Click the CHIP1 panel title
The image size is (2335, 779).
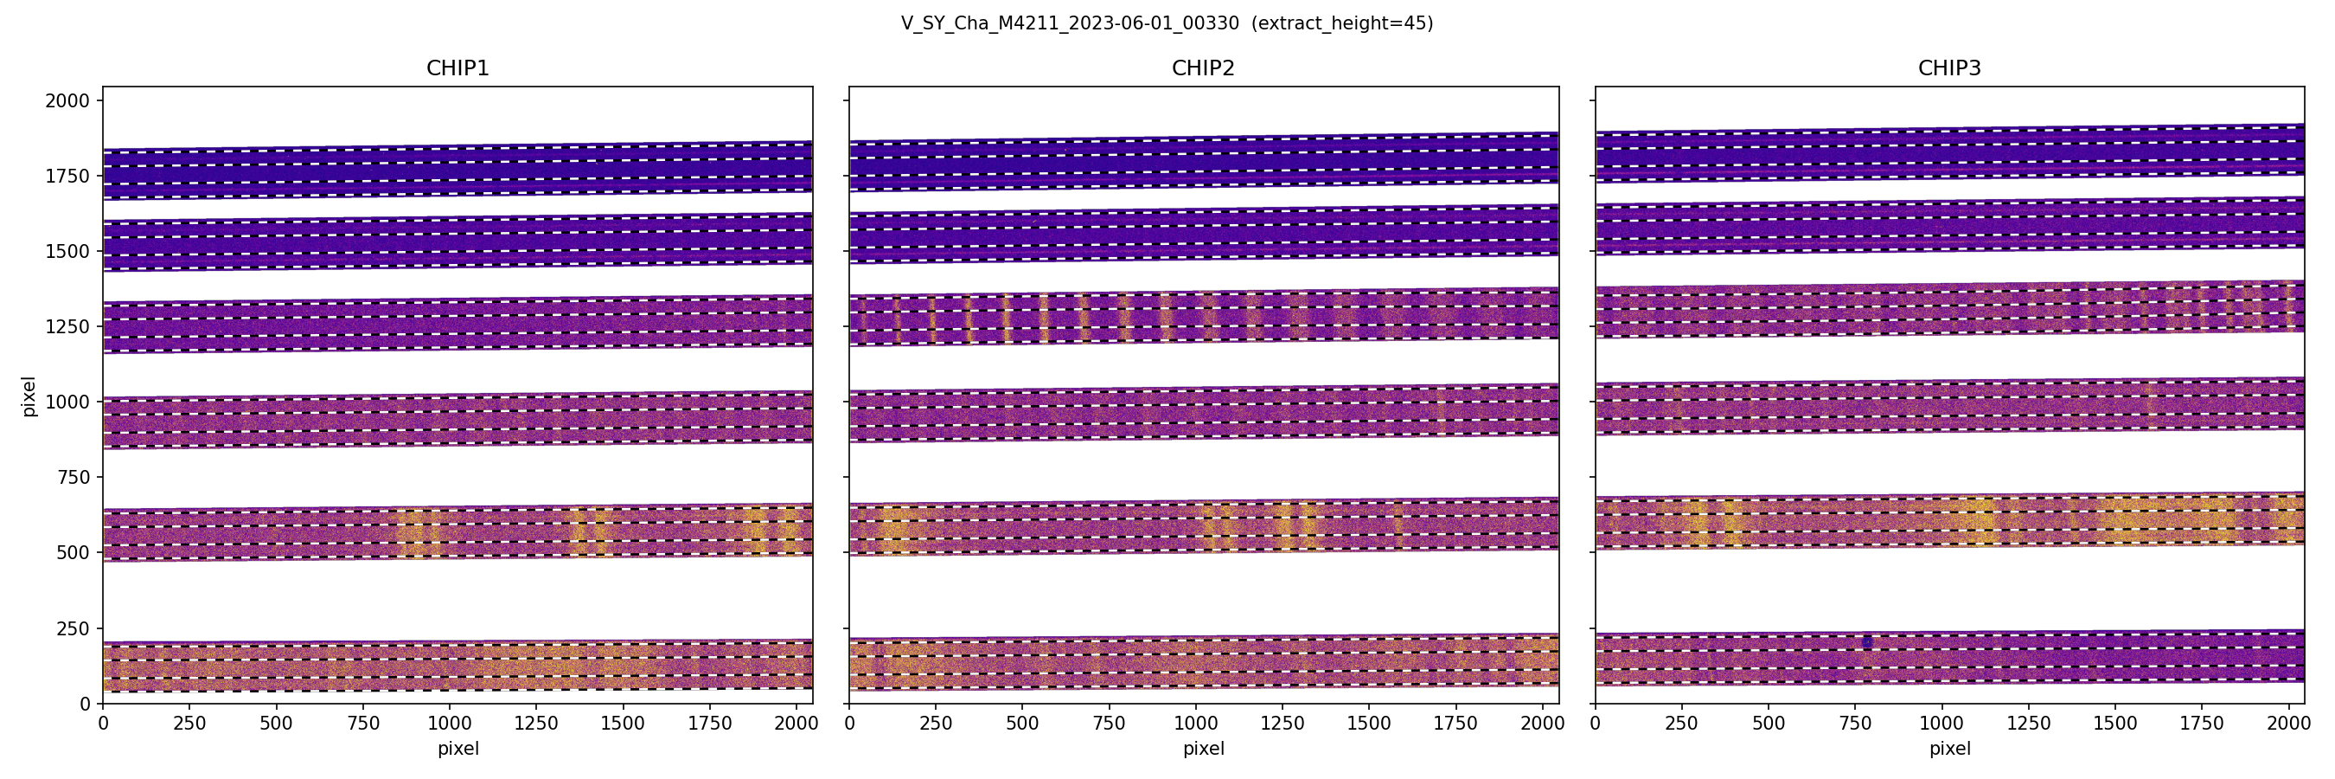point(457,68)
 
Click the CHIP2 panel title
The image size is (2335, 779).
point(1203,68)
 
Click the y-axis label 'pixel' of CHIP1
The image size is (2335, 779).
point(29,396)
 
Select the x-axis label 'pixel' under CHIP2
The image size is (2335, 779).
point(1203,749)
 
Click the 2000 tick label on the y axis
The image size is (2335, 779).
point(67,100)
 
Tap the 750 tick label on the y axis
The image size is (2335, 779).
point(73,477)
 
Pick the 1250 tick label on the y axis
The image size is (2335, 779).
point(67,326)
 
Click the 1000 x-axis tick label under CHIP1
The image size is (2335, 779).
point(450,724)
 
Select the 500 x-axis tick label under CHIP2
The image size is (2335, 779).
point(1022,724)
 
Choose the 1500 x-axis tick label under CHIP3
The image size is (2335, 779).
point(2114,724)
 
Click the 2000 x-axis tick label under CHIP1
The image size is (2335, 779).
point(796,724)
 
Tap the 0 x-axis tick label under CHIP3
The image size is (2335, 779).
point(1596,724)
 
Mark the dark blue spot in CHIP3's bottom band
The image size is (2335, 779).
point(1867,642)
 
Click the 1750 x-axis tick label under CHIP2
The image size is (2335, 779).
point(1455,724)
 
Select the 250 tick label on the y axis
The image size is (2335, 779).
point(73,628)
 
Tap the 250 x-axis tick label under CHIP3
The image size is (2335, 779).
point(1681,724)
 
